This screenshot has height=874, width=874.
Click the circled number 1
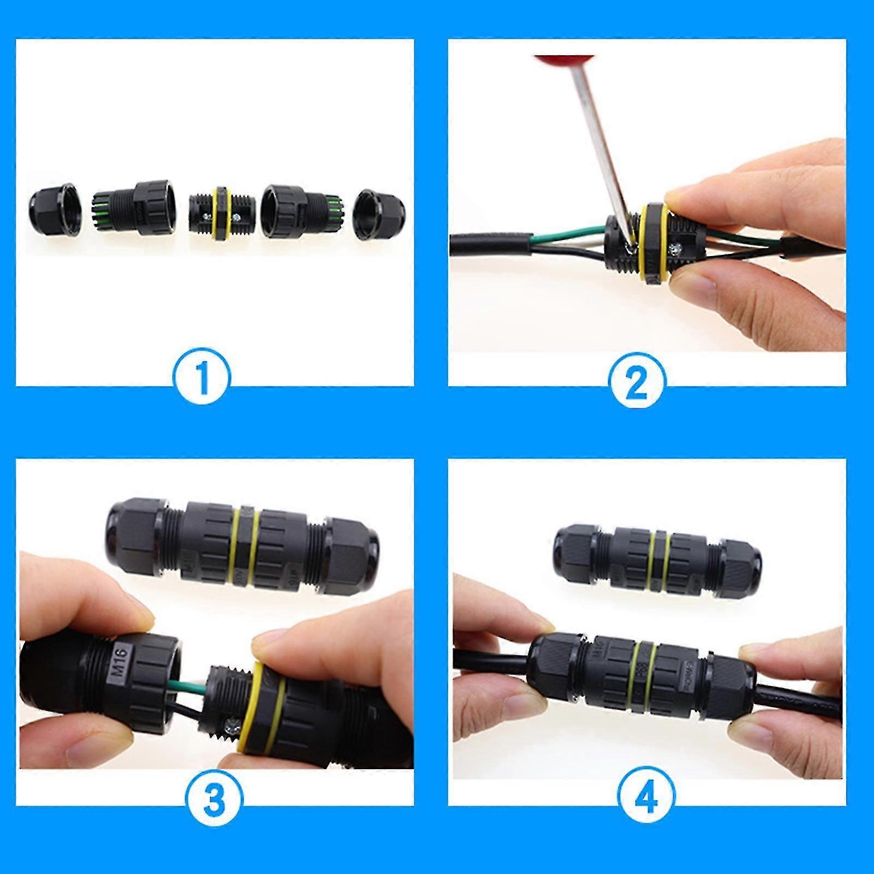(x=202, y=377)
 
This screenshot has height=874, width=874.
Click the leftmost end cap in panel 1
(x=55, y=210)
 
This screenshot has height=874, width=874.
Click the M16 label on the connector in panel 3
(x=121, y=662)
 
